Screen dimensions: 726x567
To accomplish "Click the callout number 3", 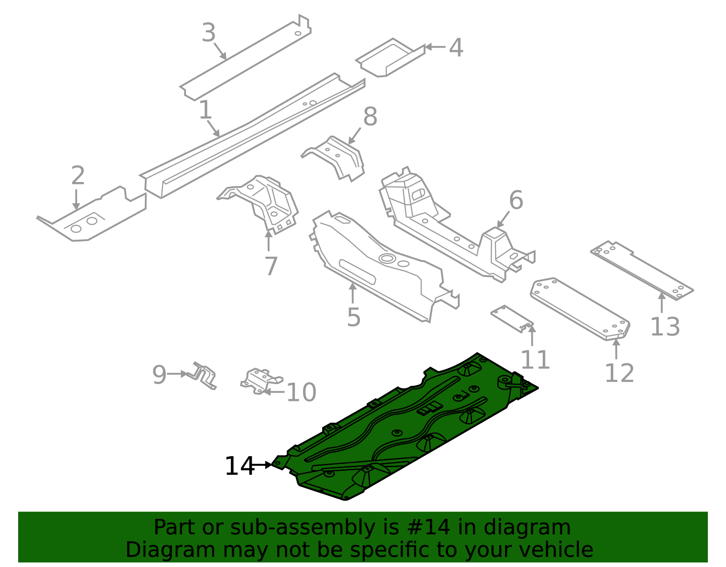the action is (x=209, y=33).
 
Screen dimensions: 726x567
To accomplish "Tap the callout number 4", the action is (x=456, y=48).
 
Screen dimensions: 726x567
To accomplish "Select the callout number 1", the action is (x=205, y=109).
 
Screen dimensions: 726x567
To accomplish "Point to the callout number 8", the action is (x=370, y=117).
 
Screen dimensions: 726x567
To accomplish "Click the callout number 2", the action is (x=78, y=175).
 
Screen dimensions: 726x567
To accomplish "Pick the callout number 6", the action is (x=516, y=200).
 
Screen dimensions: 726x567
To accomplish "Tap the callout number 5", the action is (x=354, y=317).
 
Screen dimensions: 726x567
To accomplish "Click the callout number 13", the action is (x=665, y=326).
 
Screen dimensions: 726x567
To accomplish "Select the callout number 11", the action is (x=535, y=360).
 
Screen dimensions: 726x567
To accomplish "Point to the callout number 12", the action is (x=619, y=373).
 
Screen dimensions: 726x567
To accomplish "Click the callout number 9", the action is (x=159, y=375).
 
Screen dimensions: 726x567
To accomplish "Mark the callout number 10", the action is (x=301, y=392).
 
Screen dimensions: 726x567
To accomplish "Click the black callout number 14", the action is (x=240, y=466).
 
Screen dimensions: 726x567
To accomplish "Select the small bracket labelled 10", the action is (x=261, y=381).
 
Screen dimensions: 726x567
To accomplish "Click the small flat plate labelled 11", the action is (x=511, y=319).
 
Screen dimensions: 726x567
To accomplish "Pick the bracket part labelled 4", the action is (x=390, y=58).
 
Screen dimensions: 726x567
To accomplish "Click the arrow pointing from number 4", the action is (x=435, y=47).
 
